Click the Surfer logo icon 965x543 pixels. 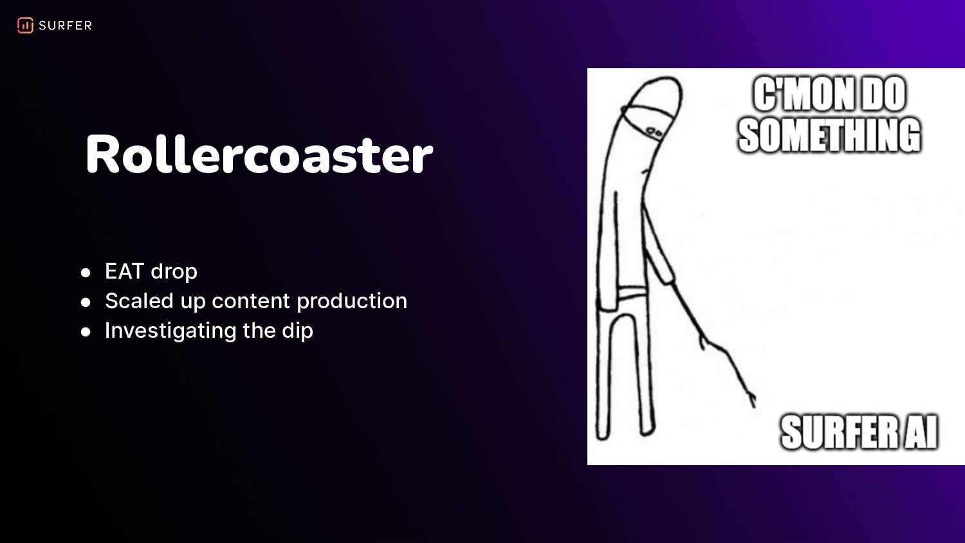(25, 26)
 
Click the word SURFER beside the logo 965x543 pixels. (66, 26)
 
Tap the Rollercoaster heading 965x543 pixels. (259, 154)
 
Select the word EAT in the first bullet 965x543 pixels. (124, 271)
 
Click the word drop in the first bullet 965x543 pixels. (174, 271)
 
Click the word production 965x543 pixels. (352, 301)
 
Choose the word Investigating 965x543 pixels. (170, 331)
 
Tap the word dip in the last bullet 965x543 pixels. (297, 331)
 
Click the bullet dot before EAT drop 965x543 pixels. (86, 272)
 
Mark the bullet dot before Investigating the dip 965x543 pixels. (86, 332)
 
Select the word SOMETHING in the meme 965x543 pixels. (829, 135)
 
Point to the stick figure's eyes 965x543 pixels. (654, 131)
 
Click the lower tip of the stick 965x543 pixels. (754, 405)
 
